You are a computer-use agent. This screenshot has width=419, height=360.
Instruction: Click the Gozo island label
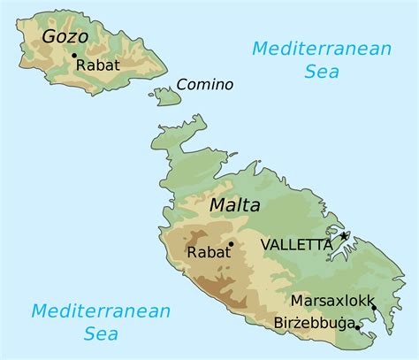coord(65,37)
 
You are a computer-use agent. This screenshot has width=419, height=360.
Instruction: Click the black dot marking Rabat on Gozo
coord(73,55)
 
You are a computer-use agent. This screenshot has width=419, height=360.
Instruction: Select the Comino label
coord(205,85)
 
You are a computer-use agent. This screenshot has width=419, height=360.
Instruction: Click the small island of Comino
coord(166,95)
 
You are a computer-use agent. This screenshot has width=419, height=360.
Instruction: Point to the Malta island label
coord(235,206)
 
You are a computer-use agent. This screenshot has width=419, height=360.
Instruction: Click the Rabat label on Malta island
coord(208,252)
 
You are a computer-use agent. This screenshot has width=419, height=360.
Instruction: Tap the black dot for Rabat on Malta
coord(231,243)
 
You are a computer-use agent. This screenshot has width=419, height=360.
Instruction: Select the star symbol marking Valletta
coord(344,236)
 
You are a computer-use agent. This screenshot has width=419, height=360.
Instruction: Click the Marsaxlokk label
coord(332,300)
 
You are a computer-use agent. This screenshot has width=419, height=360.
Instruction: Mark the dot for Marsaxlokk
coord(374,308)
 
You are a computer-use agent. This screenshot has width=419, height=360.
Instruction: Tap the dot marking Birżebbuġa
coord(357,326)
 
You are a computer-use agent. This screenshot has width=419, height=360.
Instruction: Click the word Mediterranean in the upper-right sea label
coord(321,49)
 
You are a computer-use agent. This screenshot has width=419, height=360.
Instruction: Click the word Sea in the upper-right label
coord(322,73)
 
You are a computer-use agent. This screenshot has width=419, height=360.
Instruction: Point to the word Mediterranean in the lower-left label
coord(101,310)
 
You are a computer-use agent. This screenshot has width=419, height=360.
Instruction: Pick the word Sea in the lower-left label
coord(101,334)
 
